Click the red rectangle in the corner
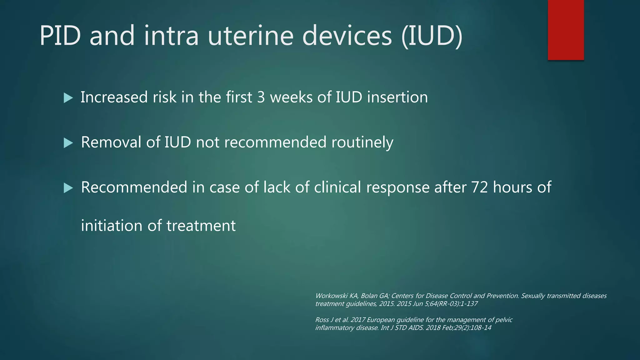pyautogui.click(x=566, y=30)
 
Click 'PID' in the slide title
pyautogui.click(x=60, y=36)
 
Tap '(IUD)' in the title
pyautogui.click(x=432, y=36)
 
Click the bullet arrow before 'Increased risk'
pyautogui.click(x=68, y=98)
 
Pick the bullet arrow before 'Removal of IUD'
pyautogui.click(x=68, y=143)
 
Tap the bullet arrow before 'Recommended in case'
pyautogui.click(x=68, y=188)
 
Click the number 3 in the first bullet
pyautogui.click(x=261, y=97)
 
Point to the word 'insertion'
pyautogui.click(x=397, y=97)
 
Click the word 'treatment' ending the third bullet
pyautogui.click(x=201, y=226)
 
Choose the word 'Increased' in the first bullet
pyautogui.click(x=114, y=97)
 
